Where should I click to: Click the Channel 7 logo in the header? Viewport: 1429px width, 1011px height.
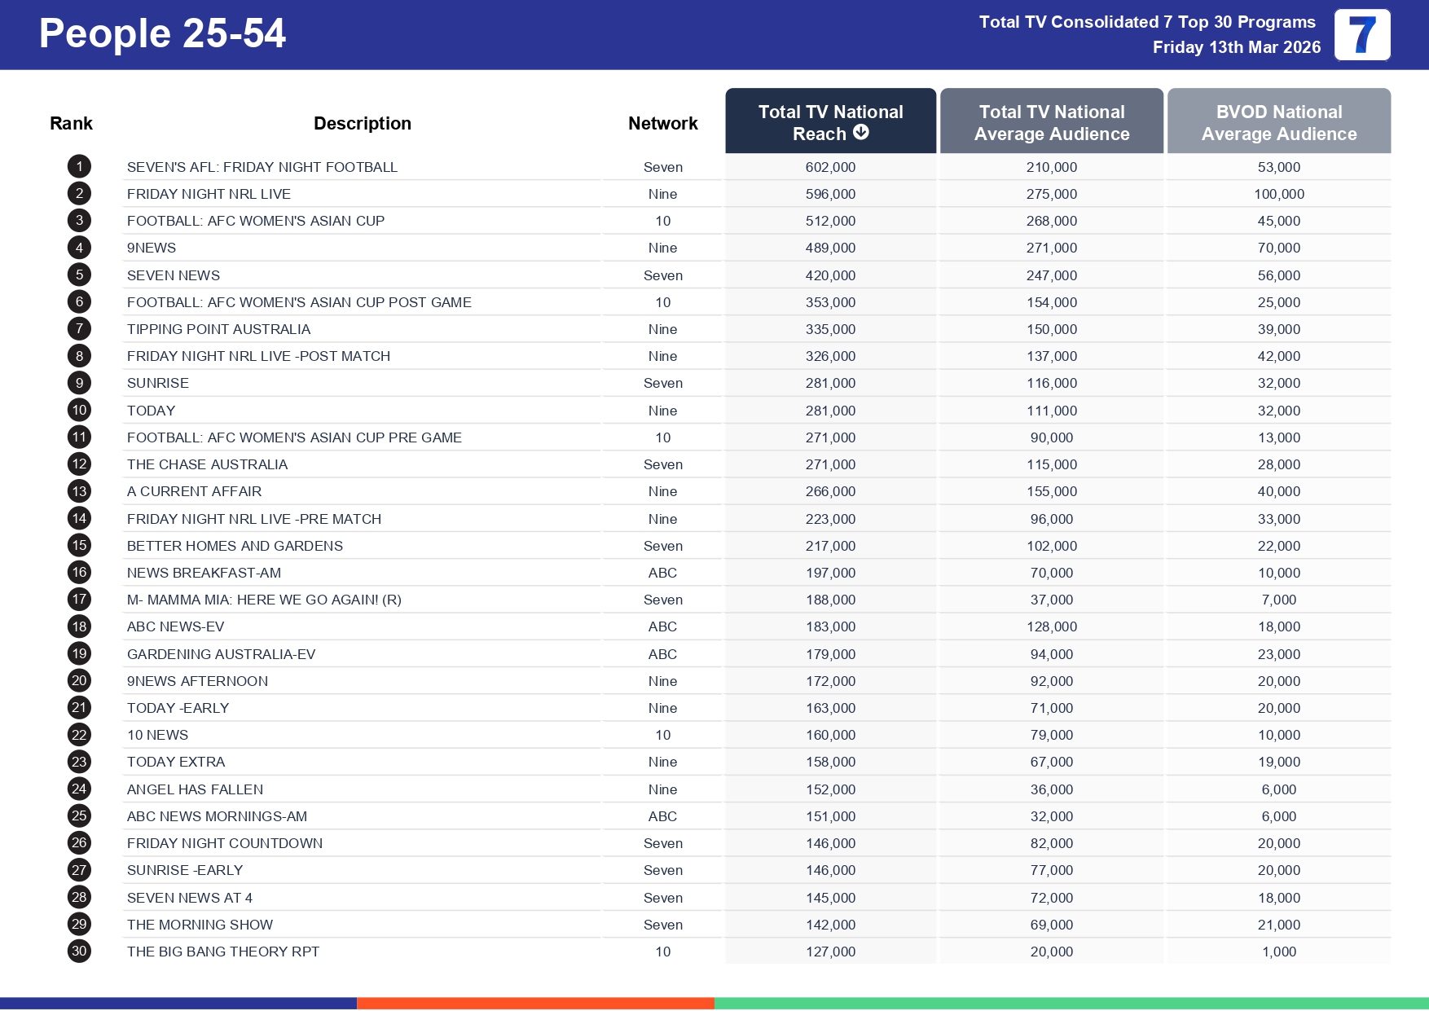1361,35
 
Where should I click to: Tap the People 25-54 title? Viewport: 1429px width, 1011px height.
162,34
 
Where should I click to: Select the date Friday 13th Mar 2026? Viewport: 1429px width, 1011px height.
1236,47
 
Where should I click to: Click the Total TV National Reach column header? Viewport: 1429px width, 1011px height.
830,121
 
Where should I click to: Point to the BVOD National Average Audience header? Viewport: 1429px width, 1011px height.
1278,122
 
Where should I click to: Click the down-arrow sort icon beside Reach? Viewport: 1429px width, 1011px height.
861,132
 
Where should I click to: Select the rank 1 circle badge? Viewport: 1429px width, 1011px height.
79,167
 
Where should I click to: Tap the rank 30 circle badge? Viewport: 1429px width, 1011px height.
79,951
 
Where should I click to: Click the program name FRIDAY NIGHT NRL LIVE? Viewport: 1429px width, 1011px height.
209,194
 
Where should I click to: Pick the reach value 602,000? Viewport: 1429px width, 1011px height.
830,167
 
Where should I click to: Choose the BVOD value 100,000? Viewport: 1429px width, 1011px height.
1278,194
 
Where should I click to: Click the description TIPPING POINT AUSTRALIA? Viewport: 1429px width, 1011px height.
218,329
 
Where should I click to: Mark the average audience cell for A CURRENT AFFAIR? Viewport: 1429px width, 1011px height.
1051,491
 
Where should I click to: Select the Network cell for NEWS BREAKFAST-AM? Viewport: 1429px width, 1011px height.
662,573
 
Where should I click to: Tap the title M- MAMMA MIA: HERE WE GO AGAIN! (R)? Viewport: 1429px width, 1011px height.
264,600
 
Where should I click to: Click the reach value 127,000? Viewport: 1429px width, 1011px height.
830,952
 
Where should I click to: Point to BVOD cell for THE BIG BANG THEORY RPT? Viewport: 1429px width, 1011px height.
1278,952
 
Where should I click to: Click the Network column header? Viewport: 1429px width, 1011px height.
662,123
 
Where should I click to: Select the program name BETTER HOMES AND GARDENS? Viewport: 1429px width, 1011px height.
235,546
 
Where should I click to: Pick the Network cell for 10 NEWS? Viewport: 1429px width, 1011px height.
662,735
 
